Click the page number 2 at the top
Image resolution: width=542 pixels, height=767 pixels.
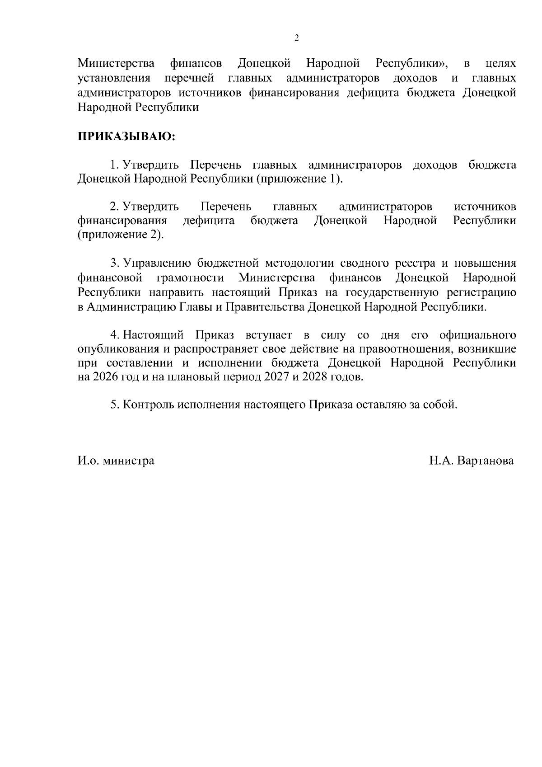[x=296, y=38]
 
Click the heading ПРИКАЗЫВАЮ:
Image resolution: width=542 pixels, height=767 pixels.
[x=126, y=136]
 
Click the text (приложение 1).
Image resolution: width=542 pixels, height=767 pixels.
[x=300, y=179]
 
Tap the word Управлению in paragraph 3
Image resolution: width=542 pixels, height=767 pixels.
[x=159, y=263]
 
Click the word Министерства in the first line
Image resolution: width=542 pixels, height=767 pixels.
[x=116, y=63]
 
